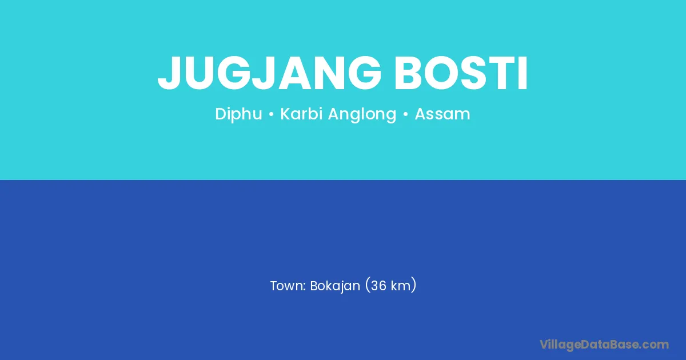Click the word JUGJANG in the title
tap(269, 73)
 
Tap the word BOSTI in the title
tap(461, 73)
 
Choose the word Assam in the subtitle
tap(442, 114)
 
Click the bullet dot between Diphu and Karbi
tap(271, 114)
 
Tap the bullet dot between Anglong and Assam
tap(406, 114)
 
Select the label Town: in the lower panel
tap(288, 286)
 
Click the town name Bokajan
tap(335, 286)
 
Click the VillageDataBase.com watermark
tap(604, 345)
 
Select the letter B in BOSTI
tap(409, 73)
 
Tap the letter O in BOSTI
tap(442, 73)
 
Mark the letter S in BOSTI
tap(475, 73)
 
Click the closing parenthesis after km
tap(414, 285)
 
